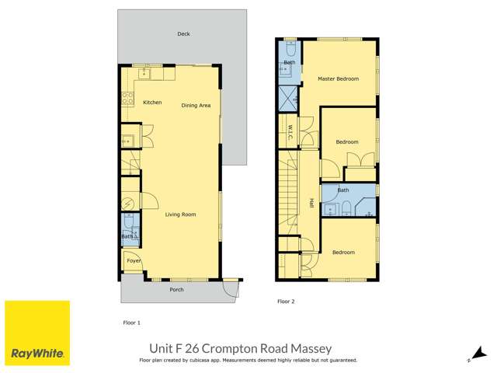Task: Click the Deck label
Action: pyautogui.click(x=183, y=34)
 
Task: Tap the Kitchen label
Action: pyautogui.click(x=151, y=103)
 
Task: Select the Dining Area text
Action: pyautogui.click(x=196, y=106)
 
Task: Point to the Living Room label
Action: pyautogui.click(x=179, y=215)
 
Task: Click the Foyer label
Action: pyautogui.click(x=134, y=261)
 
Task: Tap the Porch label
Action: pyautogui.click(x=176, y=290)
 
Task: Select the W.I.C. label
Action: pyautogui.click(x=289, y=131)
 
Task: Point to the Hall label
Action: pyautogui.click(x=311, y=203)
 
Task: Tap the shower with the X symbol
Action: pyautogui.click(x=287, y=98)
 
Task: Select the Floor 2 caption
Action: pyautogui.click(x=287, y=301)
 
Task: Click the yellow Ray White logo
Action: pyautogui.click(x=37, y=333)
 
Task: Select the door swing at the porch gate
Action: pyautogui.click(x=230, y=288)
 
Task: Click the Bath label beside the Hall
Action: pyautogui.click(x=342, y=190)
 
